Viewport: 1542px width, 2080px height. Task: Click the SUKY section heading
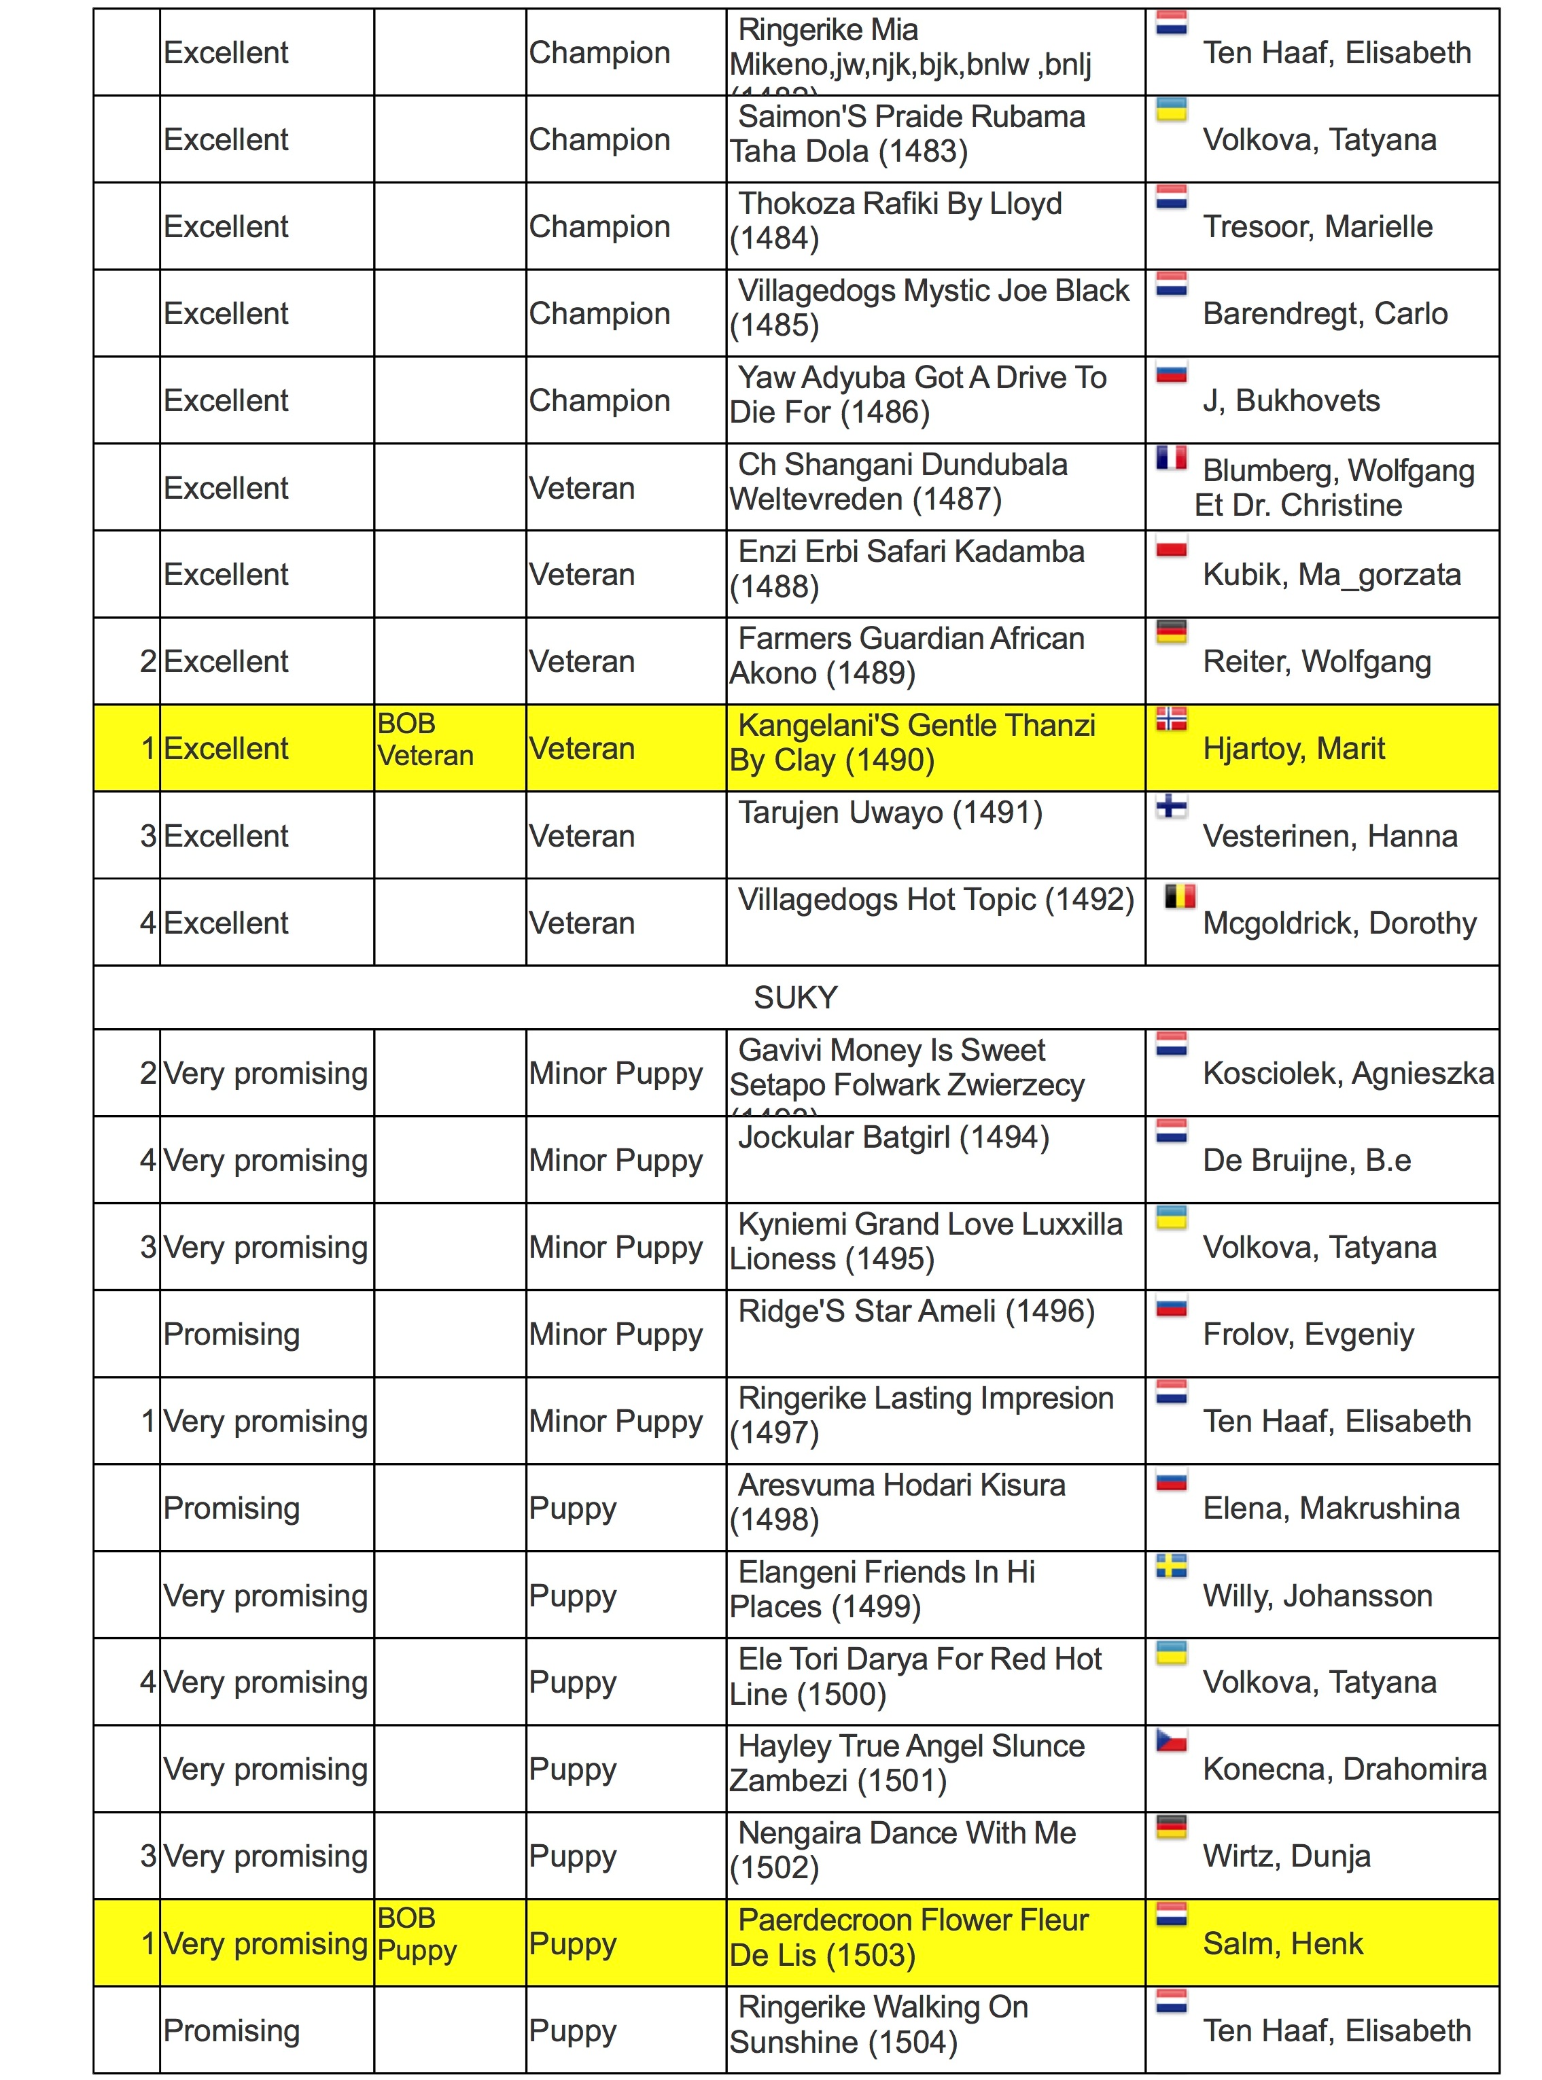[x=795, y=998]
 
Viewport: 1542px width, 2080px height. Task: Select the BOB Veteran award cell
[x=425, y=739]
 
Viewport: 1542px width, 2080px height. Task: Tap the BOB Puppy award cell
[x=417, y=1935]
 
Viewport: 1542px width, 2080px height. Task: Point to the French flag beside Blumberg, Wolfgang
[x=1172, y=458]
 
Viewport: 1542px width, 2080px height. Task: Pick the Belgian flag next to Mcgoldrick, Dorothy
[x=1180, y=897]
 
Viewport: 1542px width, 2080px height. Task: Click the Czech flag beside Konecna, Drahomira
[x=1172, y=1740]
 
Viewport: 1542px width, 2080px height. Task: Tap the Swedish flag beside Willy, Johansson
[x=1172, y=1566]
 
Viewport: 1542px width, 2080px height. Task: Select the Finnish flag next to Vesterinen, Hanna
[x=1172, y=806]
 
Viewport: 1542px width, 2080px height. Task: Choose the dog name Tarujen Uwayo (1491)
[x=890, y=813]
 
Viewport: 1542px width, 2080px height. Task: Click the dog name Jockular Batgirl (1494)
[x=893, y=1138]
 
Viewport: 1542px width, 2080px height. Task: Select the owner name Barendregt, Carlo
[x=1325, y=313]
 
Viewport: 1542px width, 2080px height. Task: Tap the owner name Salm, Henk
[x=1282, y=1944]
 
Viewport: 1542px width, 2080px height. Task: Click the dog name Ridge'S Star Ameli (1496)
[x=915, y=1311]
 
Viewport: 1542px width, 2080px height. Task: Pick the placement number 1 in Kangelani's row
[x=147, y=748]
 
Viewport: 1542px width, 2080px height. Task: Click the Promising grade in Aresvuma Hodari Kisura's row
[x=232, y=1508]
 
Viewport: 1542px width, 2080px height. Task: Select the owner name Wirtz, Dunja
[x=1286, y=1856]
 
